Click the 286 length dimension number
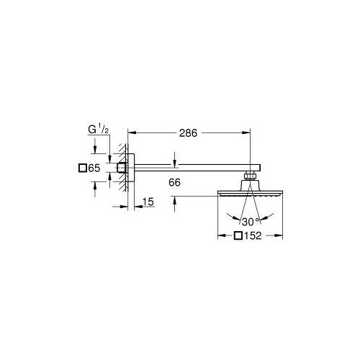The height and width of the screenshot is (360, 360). (189, 134)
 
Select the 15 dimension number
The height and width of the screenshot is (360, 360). (149, 204)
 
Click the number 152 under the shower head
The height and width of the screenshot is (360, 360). (253, 236)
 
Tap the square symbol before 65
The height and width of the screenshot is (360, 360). (81, 168)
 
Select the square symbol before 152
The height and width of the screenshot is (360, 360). (238, 236)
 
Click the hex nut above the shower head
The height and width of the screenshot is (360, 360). (251, 176)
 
